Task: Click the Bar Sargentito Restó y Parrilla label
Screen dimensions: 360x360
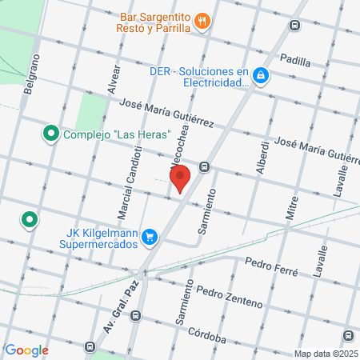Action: click(x=156, y=22)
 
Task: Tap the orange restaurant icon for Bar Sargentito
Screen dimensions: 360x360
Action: click(x=204, y=22)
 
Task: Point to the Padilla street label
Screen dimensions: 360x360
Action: click(x=294, y=58)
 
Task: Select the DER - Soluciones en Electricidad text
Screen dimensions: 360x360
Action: click(x=200, y=76)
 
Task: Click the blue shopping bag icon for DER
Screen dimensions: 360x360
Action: click(x=261, y=77)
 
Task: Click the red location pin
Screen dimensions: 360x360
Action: click(x=180, y=178)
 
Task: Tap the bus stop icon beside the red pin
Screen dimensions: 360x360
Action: click(x=206, y=167)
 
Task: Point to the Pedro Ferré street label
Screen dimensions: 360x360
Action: click(x=271, y=263)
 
